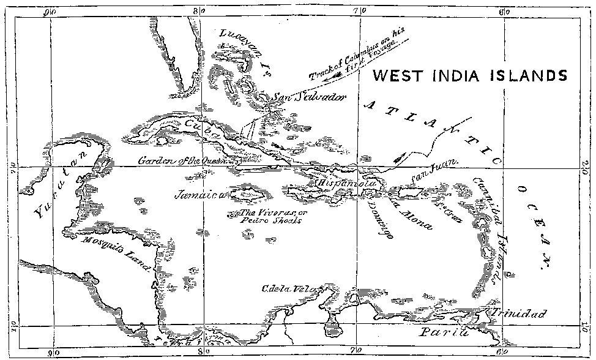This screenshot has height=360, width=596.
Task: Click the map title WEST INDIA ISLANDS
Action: coord(469,76)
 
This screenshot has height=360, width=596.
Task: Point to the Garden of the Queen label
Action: coord(182,161)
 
